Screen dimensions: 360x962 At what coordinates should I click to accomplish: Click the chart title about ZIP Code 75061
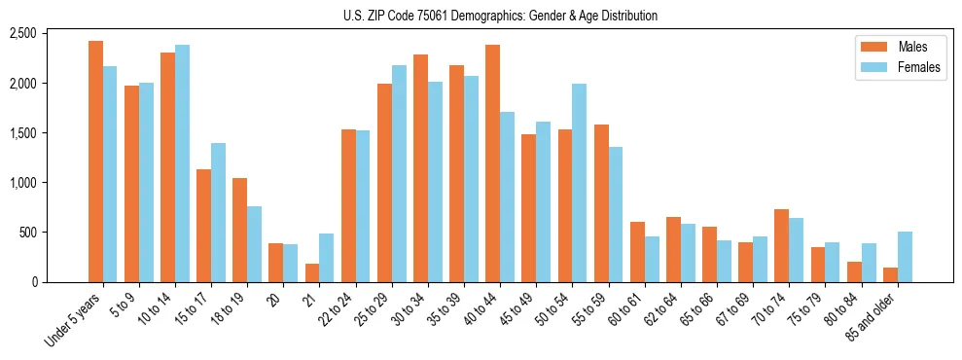(500, 16)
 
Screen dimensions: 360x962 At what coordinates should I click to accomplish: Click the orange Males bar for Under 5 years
(95, 162)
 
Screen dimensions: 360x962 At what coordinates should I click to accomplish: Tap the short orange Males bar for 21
(312, 272)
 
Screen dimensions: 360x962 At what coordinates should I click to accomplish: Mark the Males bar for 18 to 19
(240, 230)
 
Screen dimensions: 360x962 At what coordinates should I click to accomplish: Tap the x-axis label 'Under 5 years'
(73, 319)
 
